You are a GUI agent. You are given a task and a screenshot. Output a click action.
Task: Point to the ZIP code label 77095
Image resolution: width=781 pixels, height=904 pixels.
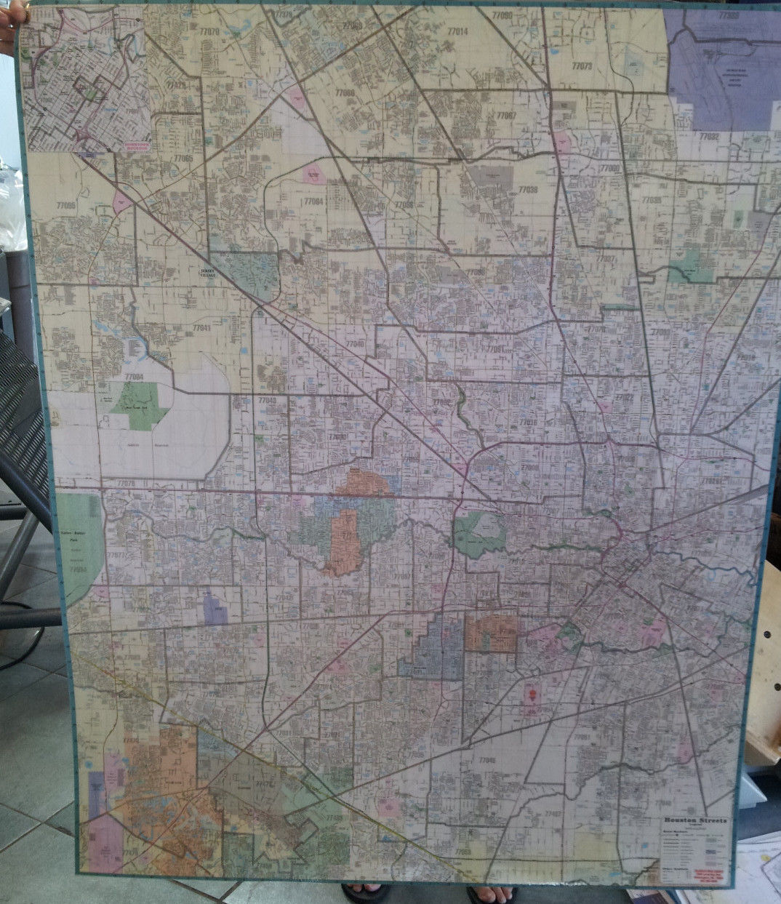[x=66, y=206]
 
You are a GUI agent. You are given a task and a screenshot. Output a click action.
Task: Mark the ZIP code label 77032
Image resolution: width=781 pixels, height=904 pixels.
[x=709, y=136]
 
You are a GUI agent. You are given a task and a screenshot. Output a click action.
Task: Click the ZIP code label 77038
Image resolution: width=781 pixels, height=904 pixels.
[x=528, y=189]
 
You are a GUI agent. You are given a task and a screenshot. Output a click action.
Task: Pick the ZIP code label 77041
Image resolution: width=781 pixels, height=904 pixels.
[x=201, y=328]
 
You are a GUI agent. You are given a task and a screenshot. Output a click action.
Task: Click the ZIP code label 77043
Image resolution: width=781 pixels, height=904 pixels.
[x=267, y=400]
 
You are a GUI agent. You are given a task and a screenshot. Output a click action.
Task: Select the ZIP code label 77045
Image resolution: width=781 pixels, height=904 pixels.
[x=486, y=760]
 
